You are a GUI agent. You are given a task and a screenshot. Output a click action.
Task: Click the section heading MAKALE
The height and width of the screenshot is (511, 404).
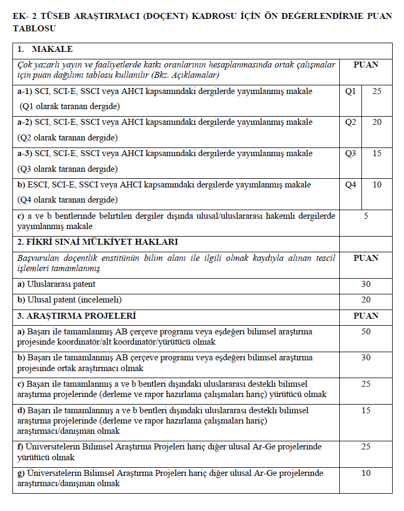coord(52,49)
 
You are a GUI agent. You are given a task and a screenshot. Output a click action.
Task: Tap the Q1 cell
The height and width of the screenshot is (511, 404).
coord(351,91)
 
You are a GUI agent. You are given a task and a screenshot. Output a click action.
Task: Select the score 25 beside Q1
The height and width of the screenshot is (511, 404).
coord(377,91)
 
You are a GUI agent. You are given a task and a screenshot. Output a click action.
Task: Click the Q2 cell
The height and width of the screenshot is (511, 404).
coord(351,122)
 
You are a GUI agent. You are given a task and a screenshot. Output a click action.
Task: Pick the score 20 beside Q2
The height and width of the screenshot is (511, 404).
coord(377,122)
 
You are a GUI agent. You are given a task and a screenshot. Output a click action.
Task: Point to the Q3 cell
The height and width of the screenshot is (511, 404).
coord(351,153)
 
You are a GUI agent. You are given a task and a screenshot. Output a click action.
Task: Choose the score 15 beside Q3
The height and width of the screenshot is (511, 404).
coord(377,153)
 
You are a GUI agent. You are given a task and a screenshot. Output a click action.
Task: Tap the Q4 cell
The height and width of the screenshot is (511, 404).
coord(351,185)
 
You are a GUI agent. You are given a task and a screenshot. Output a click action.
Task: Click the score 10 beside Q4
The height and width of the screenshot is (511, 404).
coord(377,185)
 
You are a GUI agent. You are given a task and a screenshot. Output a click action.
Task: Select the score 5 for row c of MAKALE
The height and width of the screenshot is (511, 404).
coord(366,216)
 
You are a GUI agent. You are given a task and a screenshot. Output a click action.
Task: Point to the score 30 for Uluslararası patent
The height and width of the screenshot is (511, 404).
coord(366,284)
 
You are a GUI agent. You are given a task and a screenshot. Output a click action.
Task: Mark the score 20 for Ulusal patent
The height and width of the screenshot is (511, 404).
coord(366,300)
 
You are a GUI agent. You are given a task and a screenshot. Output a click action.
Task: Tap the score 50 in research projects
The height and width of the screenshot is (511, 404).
coord(366,332)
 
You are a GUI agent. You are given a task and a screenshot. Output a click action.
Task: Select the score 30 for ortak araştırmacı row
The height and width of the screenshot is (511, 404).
coord(366,358)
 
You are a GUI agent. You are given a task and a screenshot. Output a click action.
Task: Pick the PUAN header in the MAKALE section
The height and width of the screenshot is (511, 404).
coord(366,65)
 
